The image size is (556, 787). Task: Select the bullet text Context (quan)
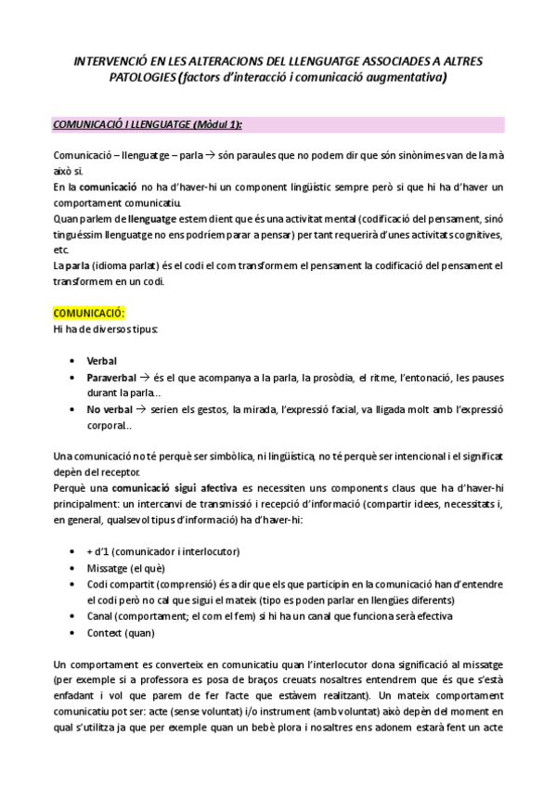pos(120,633)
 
